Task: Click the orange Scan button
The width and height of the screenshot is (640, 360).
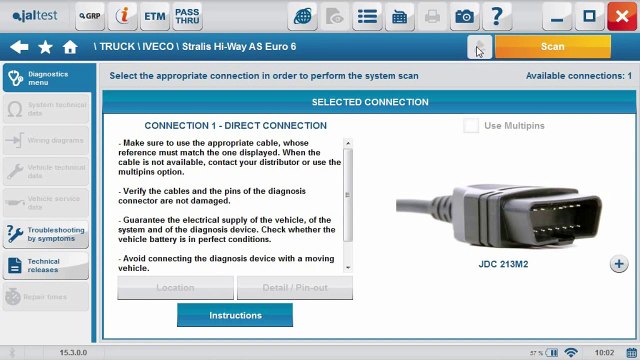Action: click(x=552, y=46)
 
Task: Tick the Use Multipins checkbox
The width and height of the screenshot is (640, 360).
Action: click(x=471, y=126)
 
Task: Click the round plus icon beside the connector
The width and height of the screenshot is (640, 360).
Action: click(x=618, y=264)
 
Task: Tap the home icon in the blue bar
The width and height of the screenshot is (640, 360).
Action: click(x=70, y=47)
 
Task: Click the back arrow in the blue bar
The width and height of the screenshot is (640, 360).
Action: click(x=19, y=47)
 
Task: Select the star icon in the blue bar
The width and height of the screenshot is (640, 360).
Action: click(x=45, y=47)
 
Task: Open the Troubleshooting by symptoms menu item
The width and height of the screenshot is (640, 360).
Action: click(x=45, y=235)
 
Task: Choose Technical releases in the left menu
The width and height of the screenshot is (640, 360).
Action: click(x=45, y=265)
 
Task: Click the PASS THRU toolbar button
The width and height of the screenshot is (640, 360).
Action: click(x=187, y=16)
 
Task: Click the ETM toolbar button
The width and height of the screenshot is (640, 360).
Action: click(x=155, y=16)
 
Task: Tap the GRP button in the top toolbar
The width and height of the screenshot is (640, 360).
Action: click(x=90, y=16)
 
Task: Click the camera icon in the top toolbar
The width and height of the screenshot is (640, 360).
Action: click(x=464, y=16)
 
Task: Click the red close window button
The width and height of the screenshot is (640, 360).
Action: click(x=621, y=16)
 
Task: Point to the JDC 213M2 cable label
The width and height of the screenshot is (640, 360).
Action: click(x=503, y=264)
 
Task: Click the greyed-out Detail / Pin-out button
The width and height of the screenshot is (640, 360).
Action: click(x=295, y=288)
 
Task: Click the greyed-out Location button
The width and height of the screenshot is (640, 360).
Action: click(x=175, y=288)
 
